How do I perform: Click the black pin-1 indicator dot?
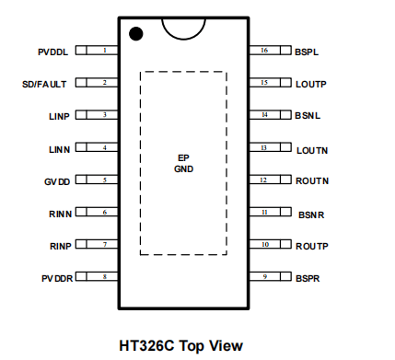pos(136,33)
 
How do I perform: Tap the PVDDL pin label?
pos(52,52)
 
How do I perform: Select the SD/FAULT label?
pos(44,84)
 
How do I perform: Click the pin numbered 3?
pos(97,115)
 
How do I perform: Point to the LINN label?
pos(60,149)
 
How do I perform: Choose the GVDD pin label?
pos(57,181)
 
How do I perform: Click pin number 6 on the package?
pos(97,212)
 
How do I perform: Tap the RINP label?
pos(61,246)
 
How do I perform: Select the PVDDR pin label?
pos(57,278)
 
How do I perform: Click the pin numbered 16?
pos(270,50)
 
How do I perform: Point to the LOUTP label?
pos(311,84)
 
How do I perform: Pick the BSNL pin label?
pos(308,115)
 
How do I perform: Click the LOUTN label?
pos(312,150)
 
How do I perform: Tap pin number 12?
pos(270,180)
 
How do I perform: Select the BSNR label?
pos(311,215)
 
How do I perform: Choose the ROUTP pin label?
pos(312,246)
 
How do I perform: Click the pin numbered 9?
pos(270,276)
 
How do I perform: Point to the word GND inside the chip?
pos(183,168)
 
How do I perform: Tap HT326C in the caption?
pos(146,345)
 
